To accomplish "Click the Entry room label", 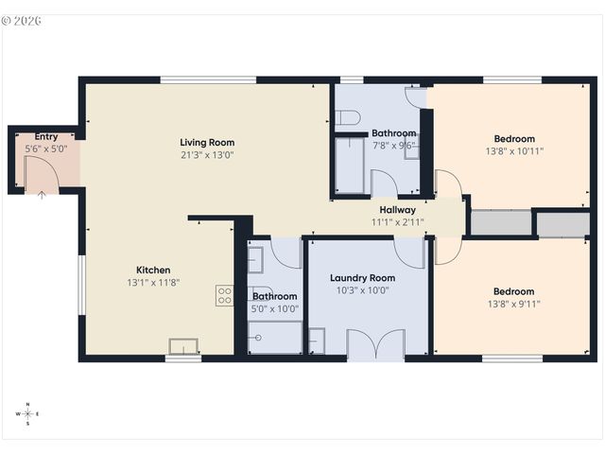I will click(x=45, y=137).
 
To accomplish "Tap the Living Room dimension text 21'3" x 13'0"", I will click(x=206, y=155).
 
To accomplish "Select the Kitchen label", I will click(x=152, y=269).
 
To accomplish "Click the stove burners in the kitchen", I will click(x=225, y=295).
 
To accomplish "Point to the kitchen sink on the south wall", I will click(x=182, y=346).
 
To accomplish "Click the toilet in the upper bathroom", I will click(x=347, y=118).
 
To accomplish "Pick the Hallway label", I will click(x=397, y=210).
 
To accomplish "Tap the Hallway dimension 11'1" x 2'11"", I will click(x=397, y=222).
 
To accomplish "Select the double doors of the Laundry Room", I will click(x=375, y=344).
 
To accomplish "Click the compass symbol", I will click(x=27, y=413).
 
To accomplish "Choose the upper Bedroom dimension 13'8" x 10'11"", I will click(x=514, y=151).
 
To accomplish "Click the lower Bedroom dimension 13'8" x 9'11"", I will click(x=513, y=305).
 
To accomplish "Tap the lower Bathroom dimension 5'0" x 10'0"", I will click(x=275, y=308).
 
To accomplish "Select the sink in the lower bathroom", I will click(x=256, y=259).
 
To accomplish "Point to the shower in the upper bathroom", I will click(x=351, y=166).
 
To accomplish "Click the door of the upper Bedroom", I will click(x=447, y=184).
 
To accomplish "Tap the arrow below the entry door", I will click(x=41, y=196).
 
